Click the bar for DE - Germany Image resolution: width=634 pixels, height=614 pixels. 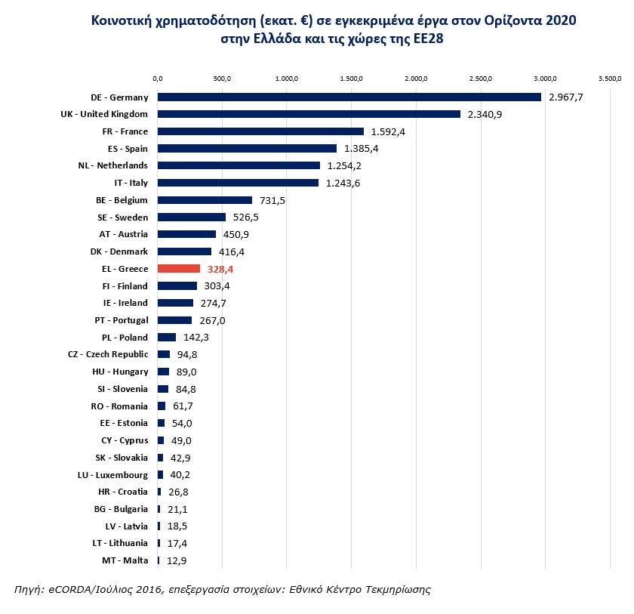[349, 97]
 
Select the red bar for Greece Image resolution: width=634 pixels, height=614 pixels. [179, 269]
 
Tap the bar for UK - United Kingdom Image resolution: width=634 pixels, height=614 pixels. [309, 114]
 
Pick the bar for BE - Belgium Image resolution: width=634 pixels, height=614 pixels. [205, 200]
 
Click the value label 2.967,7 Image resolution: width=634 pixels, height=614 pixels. [566, 97]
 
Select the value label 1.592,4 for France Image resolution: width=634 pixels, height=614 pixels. [388, 131]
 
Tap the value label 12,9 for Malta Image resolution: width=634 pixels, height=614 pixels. [176, 560]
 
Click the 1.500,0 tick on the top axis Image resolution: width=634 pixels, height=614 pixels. [352, 78]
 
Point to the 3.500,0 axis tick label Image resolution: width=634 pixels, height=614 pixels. [610, 78]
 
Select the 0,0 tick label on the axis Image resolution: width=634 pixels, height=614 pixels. [158, 78]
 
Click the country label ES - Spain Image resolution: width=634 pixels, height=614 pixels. [128, 149]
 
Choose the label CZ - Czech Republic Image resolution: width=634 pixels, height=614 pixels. [108, 355]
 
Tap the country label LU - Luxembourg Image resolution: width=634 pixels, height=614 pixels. [112, 475]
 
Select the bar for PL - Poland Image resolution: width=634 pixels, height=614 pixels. [167, 338]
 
